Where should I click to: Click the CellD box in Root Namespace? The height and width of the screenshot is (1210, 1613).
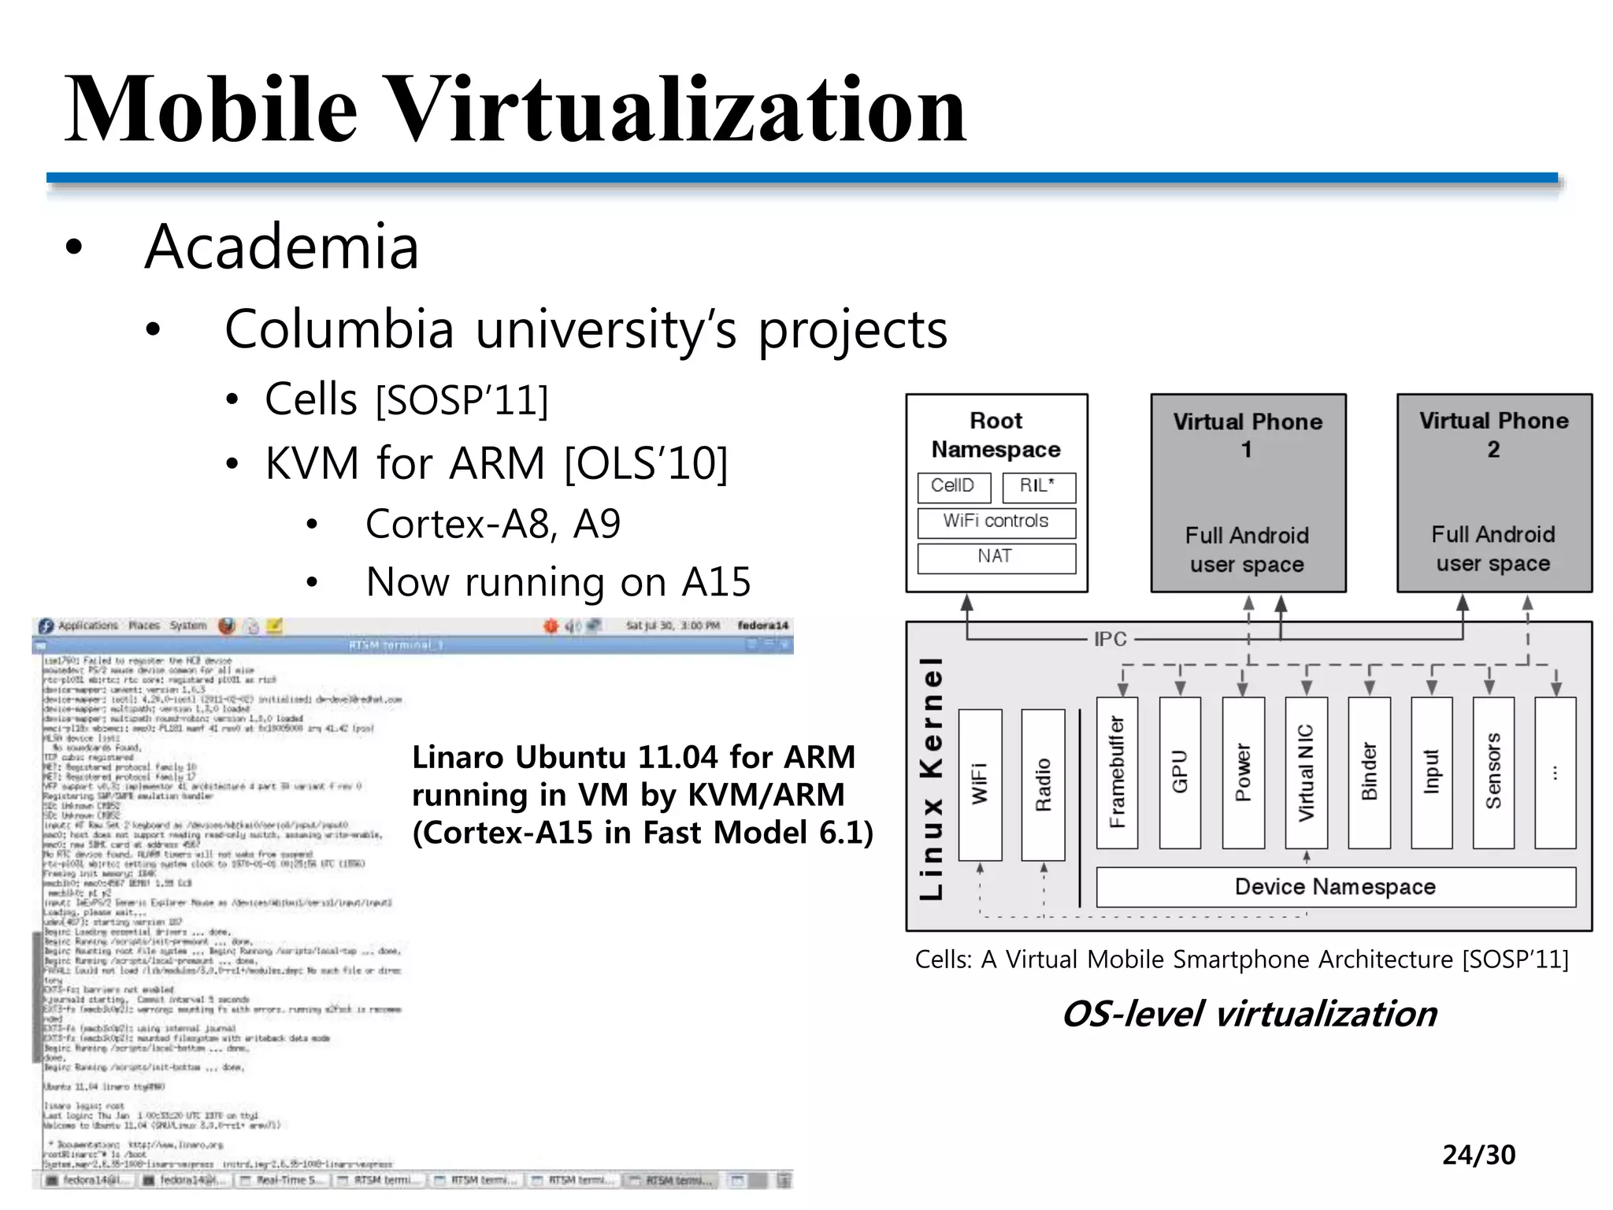(x=953, y=487)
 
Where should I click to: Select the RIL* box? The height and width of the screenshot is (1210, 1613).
(x=1038, y=487)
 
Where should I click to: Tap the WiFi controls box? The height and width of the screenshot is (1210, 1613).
(x=996, y=521)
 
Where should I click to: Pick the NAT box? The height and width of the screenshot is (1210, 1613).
(x=996, y=557)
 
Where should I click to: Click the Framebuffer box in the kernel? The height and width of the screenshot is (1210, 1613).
(x=1117, y=772)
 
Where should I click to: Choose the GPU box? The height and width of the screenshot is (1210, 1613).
(x=1180, y=772)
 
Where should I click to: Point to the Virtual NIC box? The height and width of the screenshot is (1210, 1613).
(x=1306, y=772)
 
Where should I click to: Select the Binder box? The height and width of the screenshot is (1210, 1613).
(x=1369, y=772)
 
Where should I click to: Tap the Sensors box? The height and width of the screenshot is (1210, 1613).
(x=1493, y=772)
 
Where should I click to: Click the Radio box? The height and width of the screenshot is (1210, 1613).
(x=1043, y=784)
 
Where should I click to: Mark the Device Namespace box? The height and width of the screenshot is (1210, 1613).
(x=1336, y=887)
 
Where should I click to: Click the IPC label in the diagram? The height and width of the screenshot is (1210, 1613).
(x=1110, y=639)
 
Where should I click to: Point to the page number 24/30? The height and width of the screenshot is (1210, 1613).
(x=1478, y=1155)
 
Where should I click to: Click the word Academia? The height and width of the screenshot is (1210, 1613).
(x=281, y=247)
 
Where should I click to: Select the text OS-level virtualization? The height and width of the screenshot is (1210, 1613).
(x=1250, y=1014)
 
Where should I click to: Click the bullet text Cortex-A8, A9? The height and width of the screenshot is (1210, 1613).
(x=493, y=524)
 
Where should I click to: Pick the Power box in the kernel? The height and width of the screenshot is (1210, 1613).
(x=1243, y=772)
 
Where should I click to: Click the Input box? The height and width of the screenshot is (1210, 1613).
(x=1431, y=772)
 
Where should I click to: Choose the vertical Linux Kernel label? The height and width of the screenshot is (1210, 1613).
(x=932, y=778)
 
